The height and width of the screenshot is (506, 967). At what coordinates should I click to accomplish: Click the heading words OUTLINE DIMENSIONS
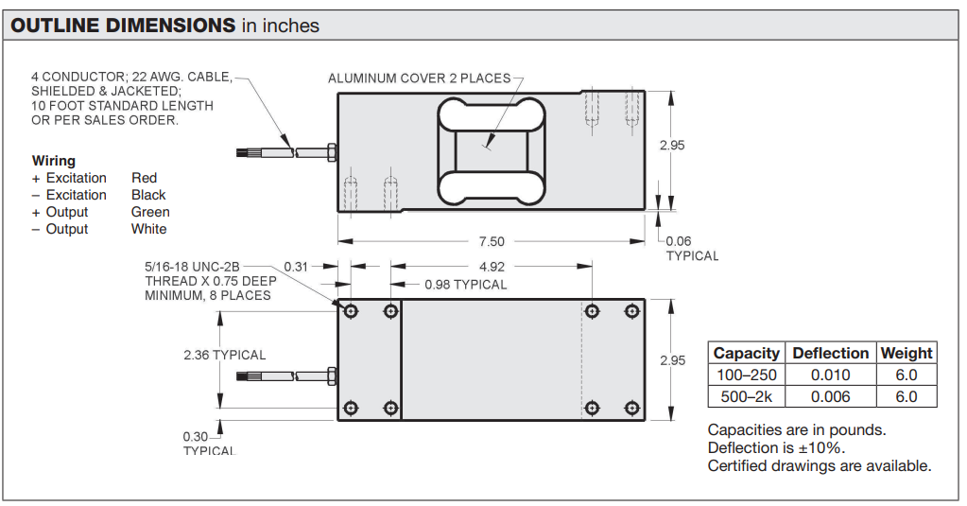pyautogui.click(x=123, y=26)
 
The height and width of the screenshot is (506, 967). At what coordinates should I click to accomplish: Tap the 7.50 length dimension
pyautogui.click(x=492, y=241)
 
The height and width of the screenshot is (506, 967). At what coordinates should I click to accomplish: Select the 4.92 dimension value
pyautogui.click(x=492, y=267)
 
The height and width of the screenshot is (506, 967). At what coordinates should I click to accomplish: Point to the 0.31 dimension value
pyautogui.click(x=296, y=267)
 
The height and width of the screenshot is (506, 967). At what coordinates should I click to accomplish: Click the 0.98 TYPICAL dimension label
pyautogui.click(x=465, y=284)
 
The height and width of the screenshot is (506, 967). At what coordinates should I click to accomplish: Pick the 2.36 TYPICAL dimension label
pyautogui.click(x=225, y=355)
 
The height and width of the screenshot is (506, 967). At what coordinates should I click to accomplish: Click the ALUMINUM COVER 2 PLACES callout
pyautogui.click(x=419, y=78)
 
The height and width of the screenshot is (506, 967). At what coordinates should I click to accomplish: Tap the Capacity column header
pyautogui.click(x=747, y=353)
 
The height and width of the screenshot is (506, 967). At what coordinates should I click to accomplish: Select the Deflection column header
pyautogui.click(x=830, y=353)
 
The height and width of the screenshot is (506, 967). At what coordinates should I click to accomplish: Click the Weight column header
pyautogui.click(x=907, y=353)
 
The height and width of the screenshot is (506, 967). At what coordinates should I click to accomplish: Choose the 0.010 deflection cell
pyautogui.click(x=830, y=375)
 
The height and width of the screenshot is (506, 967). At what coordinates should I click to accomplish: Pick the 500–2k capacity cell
pyautogui.click(x=747, y=396)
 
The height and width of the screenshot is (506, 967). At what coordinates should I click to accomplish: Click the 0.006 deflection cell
pyautogui.click(x=830, y=396)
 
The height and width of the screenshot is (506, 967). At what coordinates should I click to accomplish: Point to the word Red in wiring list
pyautogui.click(x=144, y=178)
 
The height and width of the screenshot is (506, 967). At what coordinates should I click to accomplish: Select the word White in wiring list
pyautogui.click(x=148, y=229)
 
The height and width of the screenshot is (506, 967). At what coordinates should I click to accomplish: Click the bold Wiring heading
pyautogui.click(x=54, y=161)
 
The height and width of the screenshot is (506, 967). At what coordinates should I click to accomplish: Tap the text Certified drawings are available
pyautogui.click(x=820, y=465)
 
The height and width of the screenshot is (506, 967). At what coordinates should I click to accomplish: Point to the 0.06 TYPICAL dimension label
pyautogui.click(x=691, y=249)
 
